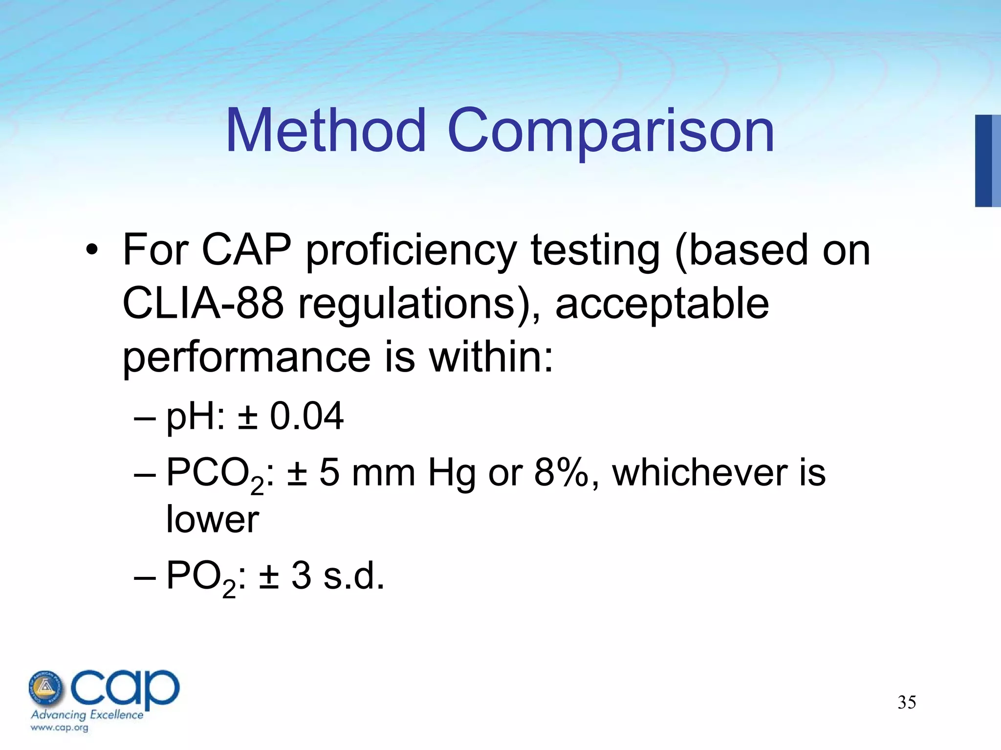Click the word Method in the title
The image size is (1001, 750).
[326, 131]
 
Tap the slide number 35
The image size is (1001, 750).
[907, 703]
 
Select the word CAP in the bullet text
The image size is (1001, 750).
[246, 250]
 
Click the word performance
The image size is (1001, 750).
[246, 358]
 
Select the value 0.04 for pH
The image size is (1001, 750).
[306, 417]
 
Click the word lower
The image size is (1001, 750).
[213, 519]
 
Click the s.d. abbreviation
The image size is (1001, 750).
[353, 576]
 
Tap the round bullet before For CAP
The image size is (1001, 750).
[91, 251]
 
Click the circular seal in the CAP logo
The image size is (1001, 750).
[46, 687]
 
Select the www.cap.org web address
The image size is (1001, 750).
[59, 728]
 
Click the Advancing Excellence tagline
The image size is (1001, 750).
[87, 715]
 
